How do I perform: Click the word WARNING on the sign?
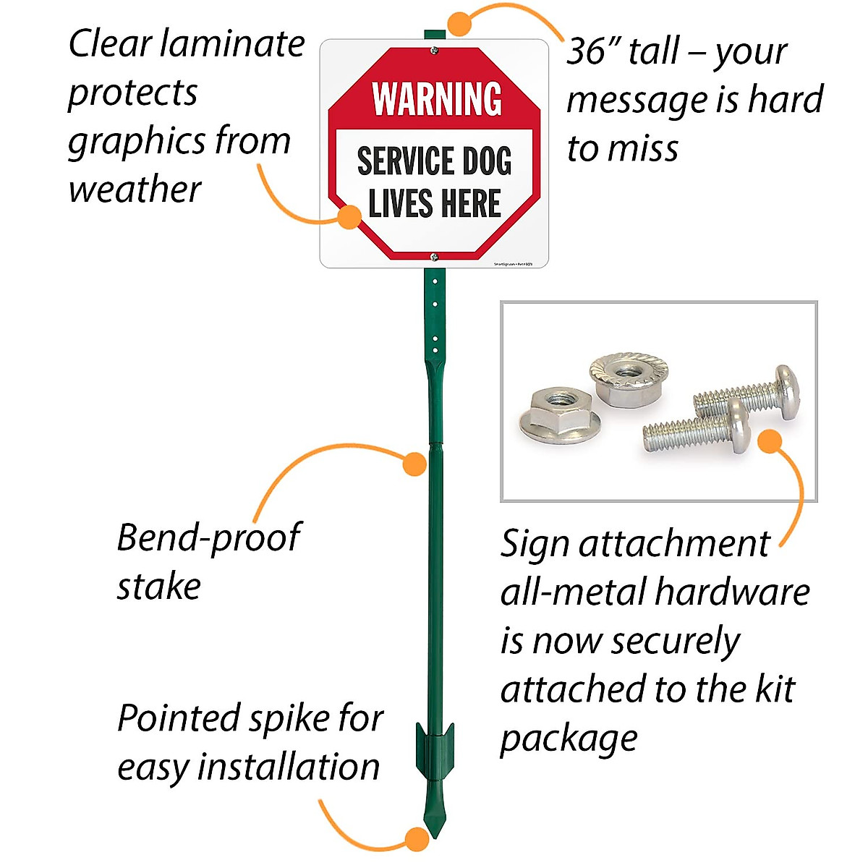[436, 99]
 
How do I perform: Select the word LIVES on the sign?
[400, 203]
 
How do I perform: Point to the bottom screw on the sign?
[434, 256]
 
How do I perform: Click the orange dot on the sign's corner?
[350, 216]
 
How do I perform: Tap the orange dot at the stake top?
[459, 24]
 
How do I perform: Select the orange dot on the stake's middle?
[414, 464]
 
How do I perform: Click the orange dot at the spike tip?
[416, 839]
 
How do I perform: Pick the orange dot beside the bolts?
[770, 441]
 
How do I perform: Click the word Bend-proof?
[208, 538]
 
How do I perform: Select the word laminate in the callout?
[233, 43]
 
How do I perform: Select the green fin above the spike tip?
[434, 752]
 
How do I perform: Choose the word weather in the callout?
[135, 190]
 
